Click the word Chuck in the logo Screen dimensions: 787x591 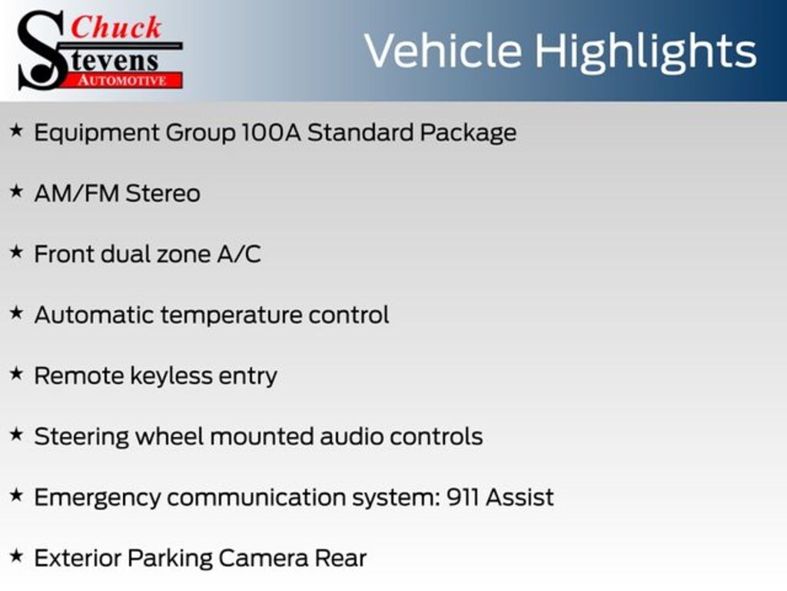(x=116, y=27)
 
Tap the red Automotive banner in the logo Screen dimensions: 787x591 (x=122, y=80)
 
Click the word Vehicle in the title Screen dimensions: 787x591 (x=443, y=51)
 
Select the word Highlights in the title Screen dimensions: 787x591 (x=645, y=53)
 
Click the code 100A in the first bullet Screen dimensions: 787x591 (x=271, y=132)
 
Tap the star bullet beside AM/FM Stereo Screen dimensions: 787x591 (x=17, y=192)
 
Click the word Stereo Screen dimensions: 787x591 (x=163, y=193)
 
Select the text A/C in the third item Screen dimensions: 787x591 (x=239, y=254)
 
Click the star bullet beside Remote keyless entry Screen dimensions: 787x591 (x=17, y=374)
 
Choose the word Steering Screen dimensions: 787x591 (x=81, y=437)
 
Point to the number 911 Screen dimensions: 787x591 (x=462, y=497)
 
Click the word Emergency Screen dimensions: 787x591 (x=98, y=498)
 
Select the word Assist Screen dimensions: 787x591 (x=520, y=497)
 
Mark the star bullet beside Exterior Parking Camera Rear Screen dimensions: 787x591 (x=17, y=556)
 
